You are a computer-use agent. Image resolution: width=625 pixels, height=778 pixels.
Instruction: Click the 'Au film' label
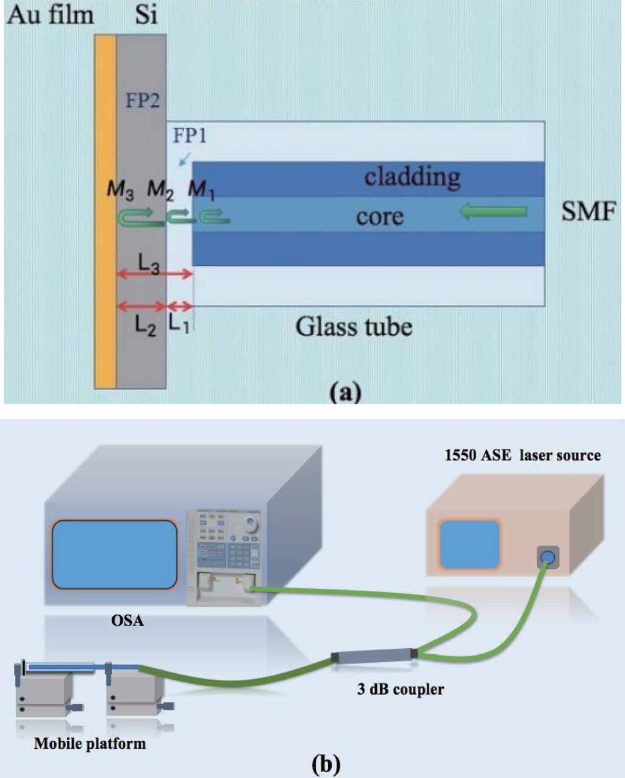50,15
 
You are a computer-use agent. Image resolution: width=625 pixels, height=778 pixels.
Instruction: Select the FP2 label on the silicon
142,100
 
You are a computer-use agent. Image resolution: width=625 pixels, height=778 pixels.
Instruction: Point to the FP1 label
190,135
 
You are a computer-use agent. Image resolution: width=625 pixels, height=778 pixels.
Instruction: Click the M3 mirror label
120,190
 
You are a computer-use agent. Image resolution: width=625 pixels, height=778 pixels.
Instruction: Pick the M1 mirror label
201,190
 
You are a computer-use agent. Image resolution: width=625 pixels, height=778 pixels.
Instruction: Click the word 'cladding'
412,177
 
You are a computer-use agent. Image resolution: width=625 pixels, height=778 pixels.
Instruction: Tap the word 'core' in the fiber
379,216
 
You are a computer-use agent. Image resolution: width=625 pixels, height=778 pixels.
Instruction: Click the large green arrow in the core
493,212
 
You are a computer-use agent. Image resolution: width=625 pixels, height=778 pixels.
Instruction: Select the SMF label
588,211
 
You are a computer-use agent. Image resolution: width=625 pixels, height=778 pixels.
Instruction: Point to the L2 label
145,326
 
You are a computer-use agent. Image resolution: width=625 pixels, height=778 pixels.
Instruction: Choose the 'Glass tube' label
354,327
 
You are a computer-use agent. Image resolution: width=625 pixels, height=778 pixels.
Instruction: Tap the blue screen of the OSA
115,554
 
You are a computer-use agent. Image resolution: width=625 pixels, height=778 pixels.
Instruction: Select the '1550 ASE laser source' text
523,455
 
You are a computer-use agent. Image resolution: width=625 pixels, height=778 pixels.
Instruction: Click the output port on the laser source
548,556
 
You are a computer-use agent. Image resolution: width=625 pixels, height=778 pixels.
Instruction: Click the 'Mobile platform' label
90,743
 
